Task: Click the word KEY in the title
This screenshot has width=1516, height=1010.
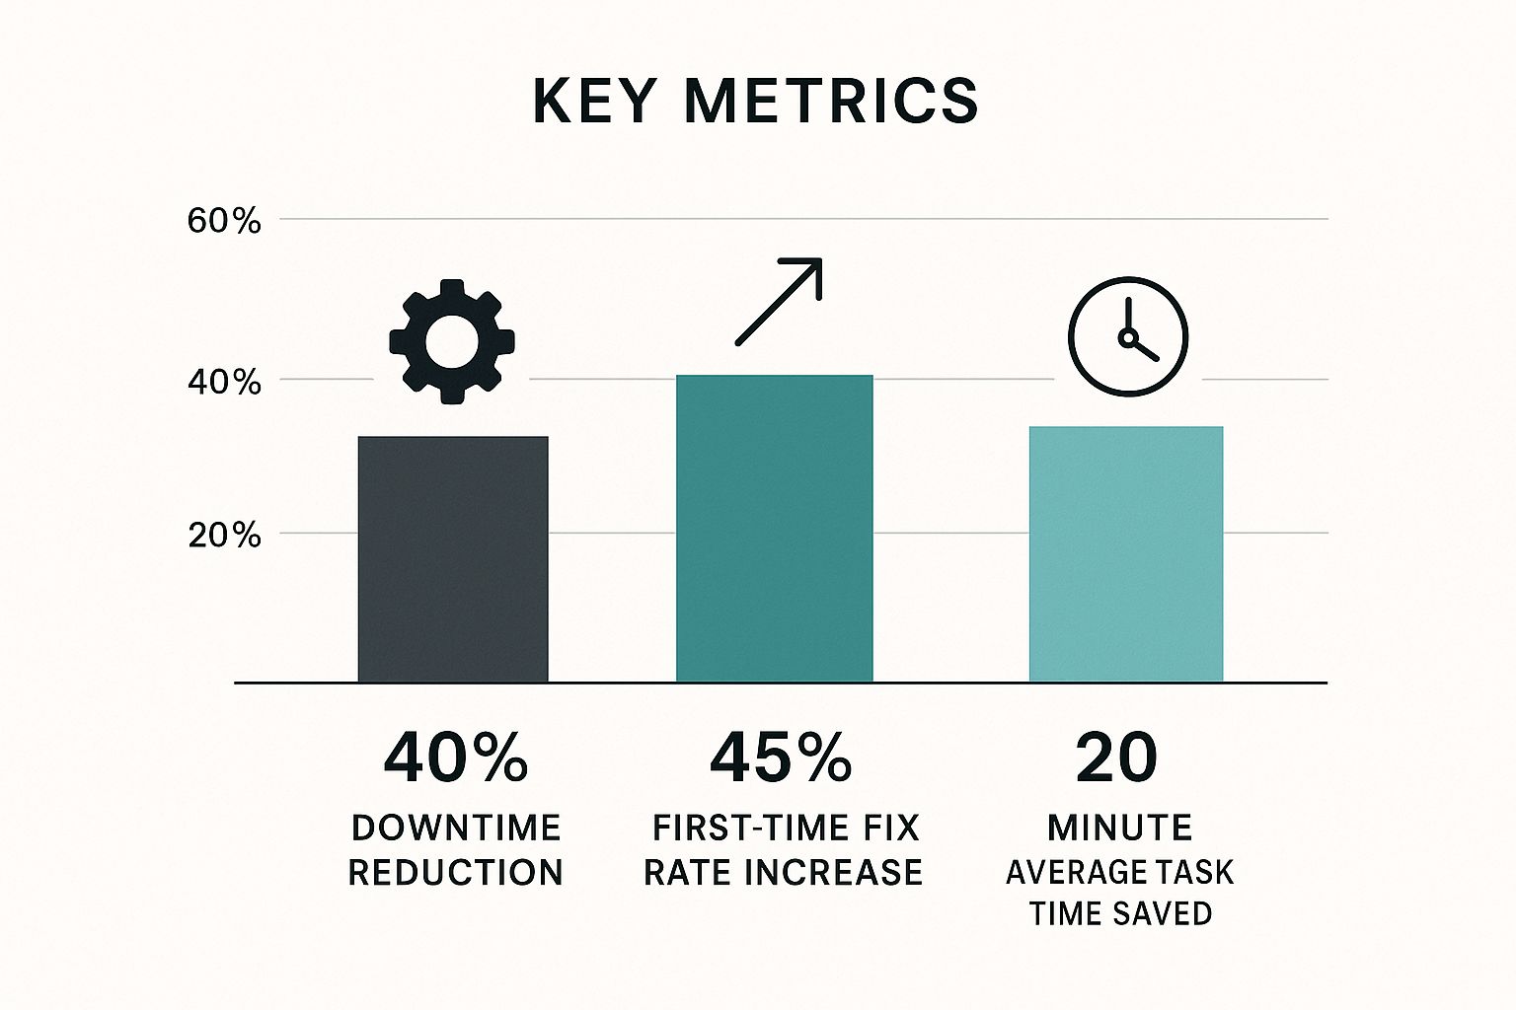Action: click(x=594, y=101)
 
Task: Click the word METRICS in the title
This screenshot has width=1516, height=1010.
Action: click(x=831, y=101)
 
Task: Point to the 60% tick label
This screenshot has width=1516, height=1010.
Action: click(x=224, y=221)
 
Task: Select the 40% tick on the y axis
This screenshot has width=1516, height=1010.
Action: click(x=224, y=382)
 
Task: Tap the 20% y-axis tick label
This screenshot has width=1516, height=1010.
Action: click(x=224, y=536)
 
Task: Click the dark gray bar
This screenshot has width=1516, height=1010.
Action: click(x=453, y=558)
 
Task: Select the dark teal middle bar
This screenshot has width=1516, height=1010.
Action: click(x=775, y=529)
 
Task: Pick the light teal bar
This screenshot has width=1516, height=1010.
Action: click(x=1126, y=553)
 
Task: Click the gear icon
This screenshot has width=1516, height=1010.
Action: click(x=452, y=340)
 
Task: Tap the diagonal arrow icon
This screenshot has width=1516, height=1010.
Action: click(x=779, y=302)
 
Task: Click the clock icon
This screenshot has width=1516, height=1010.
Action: click(x=1128, y=337)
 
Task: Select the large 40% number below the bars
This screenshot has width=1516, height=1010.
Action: click(x=455, y=758)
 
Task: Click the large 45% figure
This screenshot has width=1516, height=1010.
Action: click(x=781, y=758)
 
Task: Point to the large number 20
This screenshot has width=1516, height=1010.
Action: click(x=1117, y=758)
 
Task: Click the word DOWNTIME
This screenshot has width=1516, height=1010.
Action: click(x=456, y=828)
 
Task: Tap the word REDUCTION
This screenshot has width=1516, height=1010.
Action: click(x=456, y=873)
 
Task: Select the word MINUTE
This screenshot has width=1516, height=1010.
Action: click(x=1120, y=828)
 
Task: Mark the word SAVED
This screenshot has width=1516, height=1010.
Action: click(x=1166, y=913)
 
